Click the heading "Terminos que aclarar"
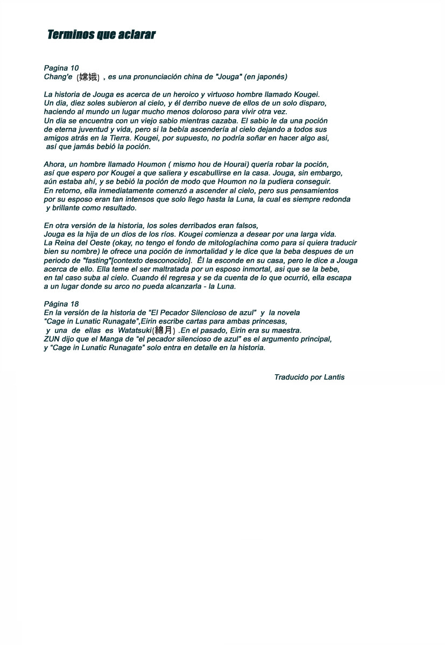(101, 35)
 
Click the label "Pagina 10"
(61, 68)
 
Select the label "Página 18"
(61, 304)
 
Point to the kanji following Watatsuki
(164, 330)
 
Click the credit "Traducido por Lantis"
(309, 377)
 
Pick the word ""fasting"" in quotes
(97, 261)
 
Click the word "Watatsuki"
(135, 330)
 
